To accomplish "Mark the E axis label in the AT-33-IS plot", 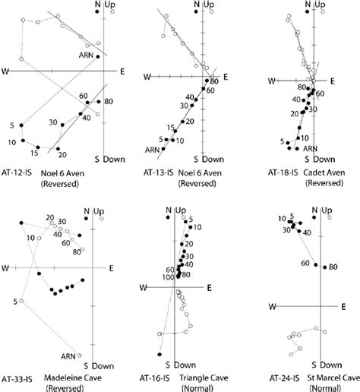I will (112, 268).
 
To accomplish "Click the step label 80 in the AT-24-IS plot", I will (333, 267).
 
